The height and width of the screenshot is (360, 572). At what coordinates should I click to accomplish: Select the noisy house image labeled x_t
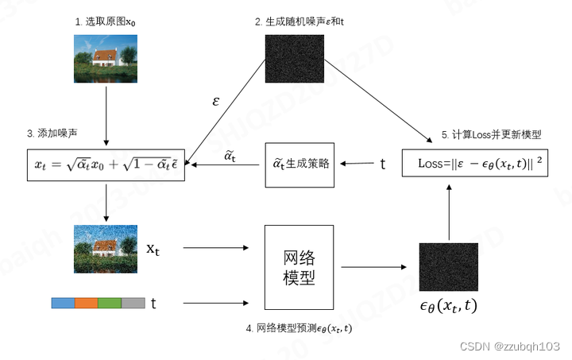(106, 248)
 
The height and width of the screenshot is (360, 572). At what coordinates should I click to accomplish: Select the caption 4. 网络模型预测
(300, 328)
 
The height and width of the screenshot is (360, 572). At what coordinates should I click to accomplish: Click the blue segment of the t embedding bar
(63, 303)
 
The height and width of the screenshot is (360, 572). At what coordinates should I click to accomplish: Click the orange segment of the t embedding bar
(86, 303)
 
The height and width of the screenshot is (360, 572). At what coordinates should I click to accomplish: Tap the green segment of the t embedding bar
(110, 303)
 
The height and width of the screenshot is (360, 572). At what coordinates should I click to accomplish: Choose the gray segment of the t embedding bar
(133, 303)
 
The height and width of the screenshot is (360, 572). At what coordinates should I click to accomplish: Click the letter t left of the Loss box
(383, 165)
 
